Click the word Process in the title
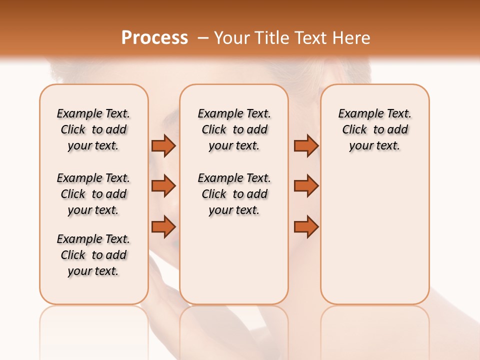[x=154, y=38]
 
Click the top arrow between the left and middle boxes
[x=163, y=145]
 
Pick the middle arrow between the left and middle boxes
[x=163, y=186]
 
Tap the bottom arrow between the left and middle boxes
[x=163, y=226]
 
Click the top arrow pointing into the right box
[x=306, y=145]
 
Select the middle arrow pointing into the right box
[x=306, y=186]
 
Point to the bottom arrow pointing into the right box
[x=306, y=226]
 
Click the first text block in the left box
[x=93, y=129]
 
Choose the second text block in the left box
[x=93, y=194]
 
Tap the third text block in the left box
[x=93, y=255]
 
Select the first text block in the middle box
[x=234, y=129]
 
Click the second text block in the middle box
[x=234, y=194]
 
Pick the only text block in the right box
[x=374, y=129]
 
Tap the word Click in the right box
[x=354, y=130]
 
